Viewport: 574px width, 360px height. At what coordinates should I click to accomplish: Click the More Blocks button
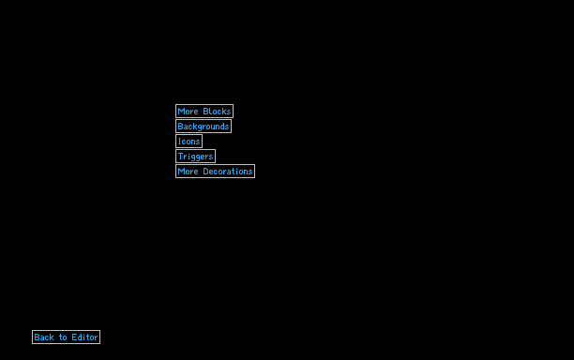[204, 112]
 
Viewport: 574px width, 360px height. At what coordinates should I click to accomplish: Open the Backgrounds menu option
[204, 127]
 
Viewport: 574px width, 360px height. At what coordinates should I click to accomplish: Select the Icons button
[189, 142]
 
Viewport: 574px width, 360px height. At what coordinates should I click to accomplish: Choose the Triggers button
[195, 157]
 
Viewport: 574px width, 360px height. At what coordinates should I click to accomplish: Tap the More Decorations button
[216, 172]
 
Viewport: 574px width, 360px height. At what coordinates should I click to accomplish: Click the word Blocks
[217, 112]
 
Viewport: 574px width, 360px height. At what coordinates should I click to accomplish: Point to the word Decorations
[228, 172]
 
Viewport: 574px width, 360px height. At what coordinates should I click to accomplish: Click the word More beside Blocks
[188, 112]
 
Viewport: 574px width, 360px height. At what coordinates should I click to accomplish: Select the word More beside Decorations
[188, 172]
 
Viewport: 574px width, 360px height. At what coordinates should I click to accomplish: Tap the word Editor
[85, 337]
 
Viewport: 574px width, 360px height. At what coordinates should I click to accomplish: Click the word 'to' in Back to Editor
[63, 337]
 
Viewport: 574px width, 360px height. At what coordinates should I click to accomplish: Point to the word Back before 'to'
[44, 337]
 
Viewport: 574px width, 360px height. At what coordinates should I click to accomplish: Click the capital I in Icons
[180, 142]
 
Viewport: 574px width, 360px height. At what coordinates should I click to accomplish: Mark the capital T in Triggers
[180, 157]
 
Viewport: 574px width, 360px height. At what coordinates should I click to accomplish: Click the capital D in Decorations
[205, 172]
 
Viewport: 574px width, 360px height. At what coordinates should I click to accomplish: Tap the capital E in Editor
[74, 337]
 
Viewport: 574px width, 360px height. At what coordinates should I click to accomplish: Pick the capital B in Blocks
[205, 112]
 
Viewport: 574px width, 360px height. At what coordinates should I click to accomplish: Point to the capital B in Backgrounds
[180, 127]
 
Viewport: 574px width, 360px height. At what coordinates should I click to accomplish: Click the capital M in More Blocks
[180, 112]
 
